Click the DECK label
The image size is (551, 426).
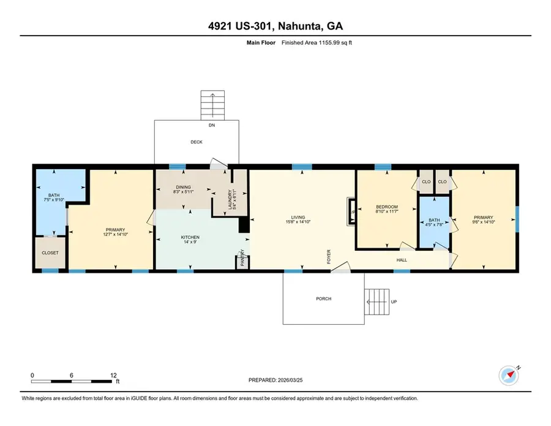tap(196, 142)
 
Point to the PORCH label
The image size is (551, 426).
tap(323, 299)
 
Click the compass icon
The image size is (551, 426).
tap(508, 375)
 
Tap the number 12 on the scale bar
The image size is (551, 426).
tap(113, 375)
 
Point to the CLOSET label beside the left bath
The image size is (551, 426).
tap(50, 252)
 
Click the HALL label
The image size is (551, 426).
tap(402, 259)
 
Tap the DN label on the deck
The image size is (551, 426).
tap(212, 125)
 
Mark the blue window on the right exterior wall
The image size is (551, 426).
tap(517, 219)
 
